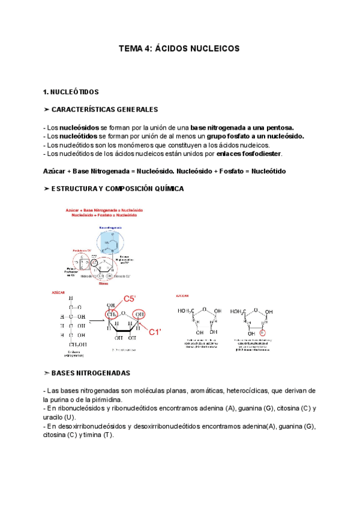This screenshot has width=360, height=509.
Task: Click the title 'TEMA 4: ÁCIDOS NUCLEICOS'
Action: (179, 48)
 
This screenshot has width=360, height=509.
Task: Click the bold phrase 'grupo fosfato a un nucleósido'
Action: (255, 136)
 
